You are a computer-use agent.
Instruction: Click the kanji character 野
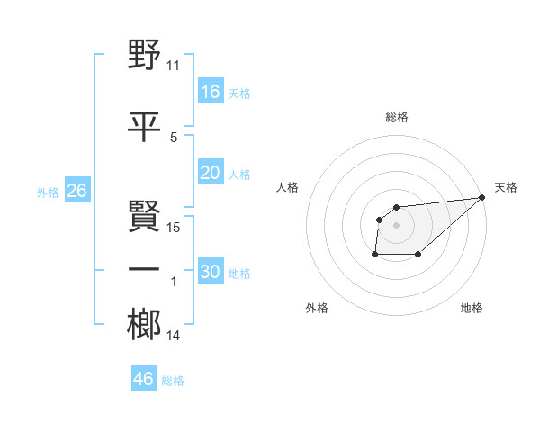point(144,56)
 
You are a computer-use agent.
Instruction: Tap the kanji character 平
point(144,128)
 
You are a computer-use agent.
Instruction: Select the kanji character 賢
point(144,218)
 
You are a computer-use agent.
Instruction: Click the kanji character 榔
point(144,326)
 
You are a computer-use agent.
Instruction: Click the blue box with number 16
point(211,91)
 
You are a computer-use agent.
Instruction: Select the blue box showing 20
point(211,173)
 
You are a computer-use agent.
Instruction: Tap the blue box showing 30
point(211,272)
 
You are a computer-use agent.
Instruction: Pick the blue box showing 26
point(76,191)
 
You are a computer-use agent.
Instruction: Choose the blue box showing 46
point(143,378)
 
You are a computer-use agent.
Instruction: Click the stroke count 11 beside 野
point(174,66)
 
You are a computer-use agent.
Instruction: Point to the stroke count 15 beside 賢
point(174,228)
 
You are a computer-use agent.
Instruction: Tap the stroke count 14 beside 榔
point(174,336)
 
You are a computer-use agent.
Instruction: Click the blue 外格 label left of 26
point(47,192)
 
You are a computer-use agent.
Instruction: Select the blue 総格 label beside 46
point(173,380)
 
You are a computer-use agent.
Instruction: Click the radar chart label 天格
point(506,187)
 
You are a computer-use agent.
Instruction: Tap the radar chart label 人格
point(287,187)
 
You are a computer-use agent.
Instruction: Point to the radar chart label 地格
point(472,308)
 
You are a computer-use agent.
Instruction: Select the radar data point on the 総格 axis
point(396,208)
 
